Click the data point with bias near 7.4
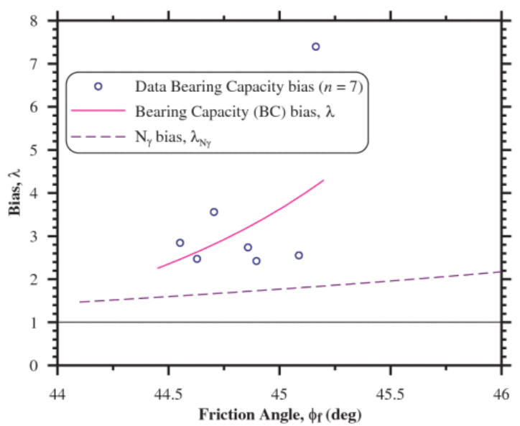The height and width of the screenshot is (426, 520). [x=315, y=47]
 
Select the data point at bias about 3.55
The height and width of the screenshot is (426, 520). [x=213, y=212]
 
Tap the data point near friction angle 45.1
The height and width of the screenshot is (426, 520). [x=299, y=255]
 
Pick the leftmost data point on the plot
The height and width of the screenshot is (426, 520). [x=180, y=243]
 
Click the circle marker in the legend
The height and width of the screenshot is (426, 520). [x=98, y=86]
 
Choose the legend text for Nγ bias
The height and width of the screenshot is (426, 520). [x=173, y=136]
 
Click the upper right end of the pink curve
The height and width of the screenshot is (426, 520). [x=324, y=180]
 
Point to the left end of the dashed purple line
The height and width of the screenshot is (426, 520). [x=80, y=302]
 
